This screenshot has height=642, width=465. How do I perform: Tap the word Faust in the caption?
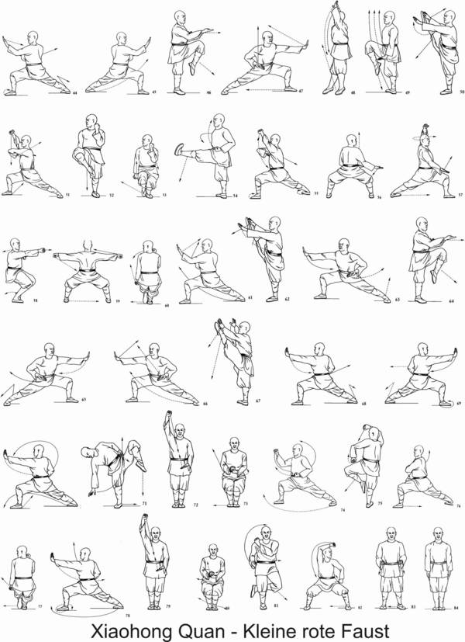355,627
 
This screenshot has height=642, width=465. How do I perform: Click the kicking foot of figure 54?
180,148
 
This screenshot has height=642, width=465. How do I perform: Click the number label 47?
300,92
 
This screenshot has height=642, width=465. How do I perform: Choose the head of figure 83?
392,536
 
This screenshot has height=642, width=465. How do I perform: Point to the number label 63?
398,300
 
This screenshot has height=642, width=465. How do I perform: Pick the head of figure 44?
33,37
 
